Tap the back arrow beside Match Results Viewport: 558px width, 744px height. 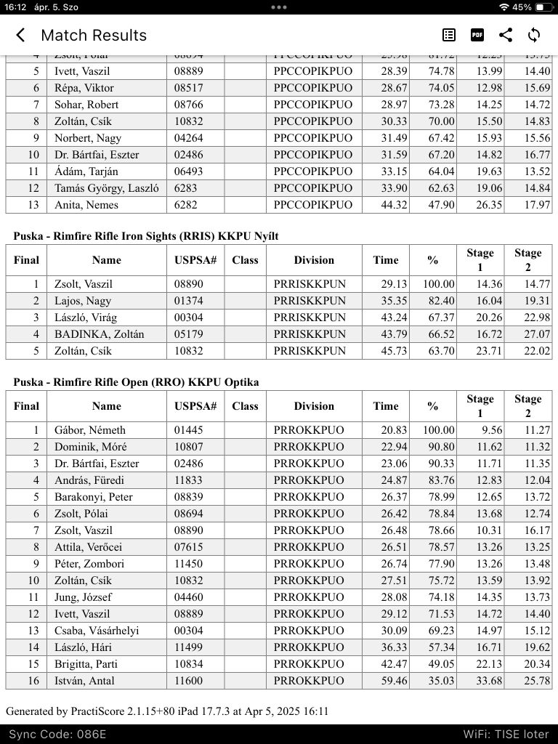click(x=20, y=35)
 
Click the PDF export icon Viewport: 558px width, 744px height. click(x=477, y=35)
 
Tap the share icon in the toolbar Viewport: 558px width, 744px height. click(x=506, y=35)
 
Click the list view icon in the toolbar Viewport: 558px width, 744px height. click(x=449, y=35)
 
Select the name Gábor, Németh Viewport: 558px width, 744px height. click(x=89, y=430)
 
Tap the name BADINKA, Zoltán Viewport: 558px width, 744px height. click(x=99, y=334)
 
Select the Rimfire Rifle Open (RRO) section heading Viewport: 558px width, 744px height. click(x=136, y=382)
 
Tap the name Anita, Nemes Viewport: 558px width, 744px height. click(x=86, y=205)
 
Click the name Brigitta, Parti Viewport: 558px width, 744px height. click(x=86, y=664)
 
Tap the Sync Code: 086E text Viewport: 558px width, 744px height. click(x=57, y=734)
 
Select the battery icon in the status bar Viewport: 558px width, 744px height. click(x=543, y=7)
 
